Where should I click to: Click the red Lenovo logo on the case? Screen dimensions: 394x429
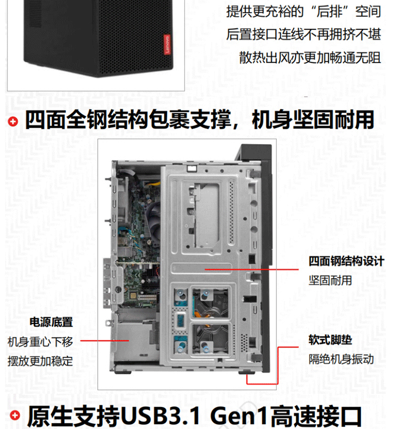[x=167, y=44]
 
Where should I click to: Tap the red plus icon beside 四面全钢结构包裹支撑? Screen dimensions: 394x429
[x=13, y=121]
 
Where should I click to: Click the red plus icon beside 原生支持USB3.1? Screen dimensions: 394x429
[x=15, y=415]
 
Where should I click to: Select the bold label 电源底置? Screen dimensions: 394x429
[x=51, y=322]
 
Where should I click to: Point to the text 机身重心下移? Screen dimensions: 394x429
[x=40, y=342]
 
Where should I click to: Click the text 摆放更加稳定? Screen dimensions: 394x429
[x=40, y=361]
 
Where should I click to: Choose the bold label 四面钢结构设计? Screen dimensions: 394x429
[x=346, y=261]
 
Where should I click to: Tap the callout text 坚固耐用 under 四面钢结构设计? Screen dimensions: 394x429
[x=330, y=280]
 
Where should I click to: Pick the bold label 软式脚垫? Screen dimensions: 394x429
[x=330, y=340]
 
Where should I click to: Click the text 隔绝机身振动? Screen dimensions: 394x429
[x=341, y=359]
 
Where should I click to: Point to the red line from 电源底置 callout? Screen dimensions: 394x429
[x=105, y=341]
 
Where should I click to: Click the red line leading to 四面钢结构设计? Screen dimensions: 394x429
[x=252, y=270]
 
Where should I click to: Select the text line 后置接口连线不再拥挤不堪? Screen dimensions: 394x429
[x=304, y=35]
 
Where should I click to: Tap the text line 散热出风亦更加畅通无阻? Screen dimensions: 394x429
[x=310, y=57]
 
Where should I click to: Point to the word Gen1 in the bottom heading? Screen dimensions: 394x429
[x=239, y=415]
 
